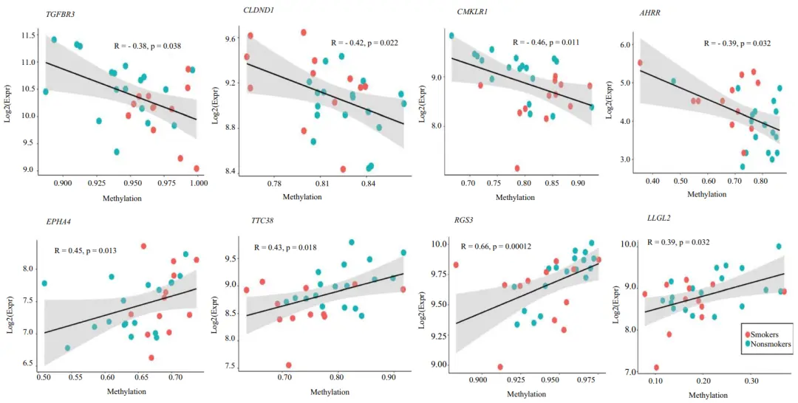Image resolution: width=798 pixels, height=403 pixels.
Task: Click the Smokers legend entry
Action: tap(768, 334)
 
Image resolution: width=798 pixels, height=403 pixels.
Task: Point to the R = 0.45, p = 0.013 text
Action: tap(86, 250)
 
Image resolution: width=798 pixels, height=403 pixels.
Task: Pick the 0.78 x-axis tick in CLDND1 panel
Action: tap(274, 182)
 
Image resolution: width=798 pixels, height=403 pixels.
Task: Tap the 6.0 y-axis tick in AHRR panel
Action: tap(624, 45)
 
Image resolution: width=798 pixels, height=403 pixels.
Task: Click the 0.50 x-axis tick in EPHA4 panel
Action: tap(44, 377)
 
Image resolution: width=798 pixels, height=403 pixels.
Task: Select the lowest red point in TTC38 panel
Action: tap(289, 365)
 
